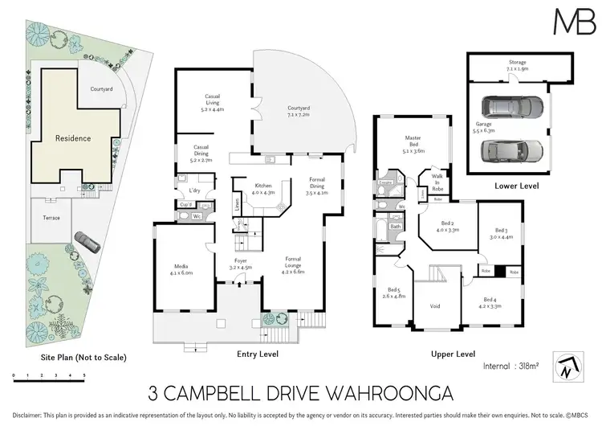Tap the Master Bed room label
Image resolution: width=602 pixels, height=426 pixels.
[x=413, y=144]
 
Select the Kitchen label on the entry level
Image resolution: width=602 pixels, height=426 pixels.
[x=264, y=189]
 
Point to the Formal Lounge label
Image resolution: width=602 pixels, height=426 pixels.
[x=296, y=265]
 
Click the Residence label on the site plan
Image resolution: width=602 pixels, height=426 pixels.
[x=73, y=138]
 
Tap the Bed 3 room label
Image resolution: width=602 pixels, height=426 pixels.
[x=500, y=232]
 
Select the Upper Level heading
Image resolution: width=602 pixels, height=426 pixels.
[x=452, y=354]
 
